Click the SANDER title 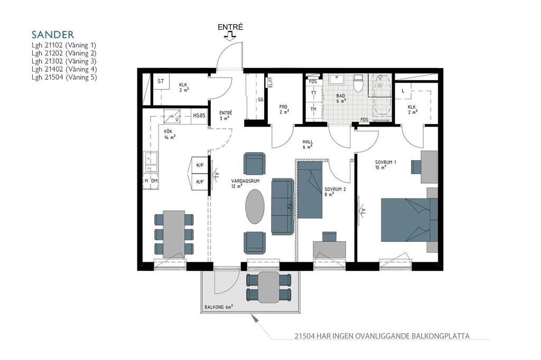coord(53,34)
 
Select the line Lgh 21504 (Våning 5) coord(64,77)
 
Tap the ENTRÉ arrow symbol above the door coord(230,36)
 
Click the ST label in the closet coord(161,81)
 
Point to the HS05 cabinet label coord(199,116)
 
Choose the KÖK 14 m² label coord(170,134)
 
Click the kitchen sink coord(151,162)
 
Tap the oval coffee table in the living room coord(255,206)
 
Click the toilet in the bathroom coord(359,83)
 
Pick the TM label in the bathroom coord(313,109)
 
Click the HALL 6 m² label coord(308,144)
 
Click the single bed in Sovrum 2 coord(310,190)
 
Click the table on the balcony coord(268,287)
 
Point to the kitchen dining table coord(174,234)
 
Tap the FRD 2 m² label coord(284,109)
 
